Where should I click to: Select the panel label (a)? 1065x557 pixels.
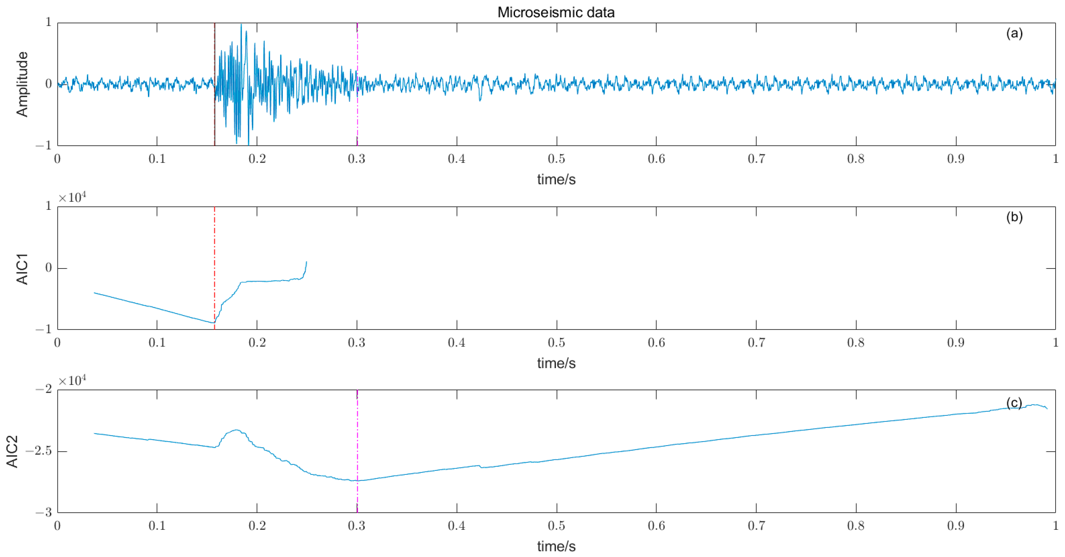pyautogui.click(x=1014, y=33)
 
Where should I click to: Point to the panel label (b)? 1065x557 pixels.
pyautogui.click(x=1014, y=217)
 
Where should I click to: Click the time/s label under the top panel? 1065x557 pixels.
pyautogui.click(x=556, y=179)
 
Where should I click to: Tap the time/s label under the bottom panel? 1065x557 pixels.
pyautogui.click(x=556, y=546)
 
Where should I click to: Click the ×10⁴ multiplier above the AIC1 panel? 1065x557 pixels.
pyautogui.click(x=72, y=198)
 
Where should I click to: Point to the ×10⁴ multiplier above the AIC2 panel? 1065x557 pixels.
pyautogui.click(x=72, y=380)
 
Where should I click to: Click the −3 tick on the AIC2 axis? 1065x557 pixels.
pyautogui.click(x=43, y=512)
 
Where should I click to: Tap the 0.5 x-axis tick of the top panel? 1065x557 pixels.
pyautogui.click(x=556, y=159)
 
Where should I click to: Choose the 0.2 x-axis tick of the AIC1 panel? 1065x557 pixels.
pyautogui.click(x=257, y=343)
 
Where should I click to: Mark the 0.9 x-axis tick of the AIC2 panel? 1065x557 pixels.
pyautogui.click(x=956, y=526)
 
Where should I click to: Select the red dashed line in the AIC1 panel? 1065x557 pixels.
pyautogui.click(x=214, y=248)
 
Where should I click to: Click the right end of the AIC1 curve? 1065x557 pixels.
pyautogui.click(x=306, y=262)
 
